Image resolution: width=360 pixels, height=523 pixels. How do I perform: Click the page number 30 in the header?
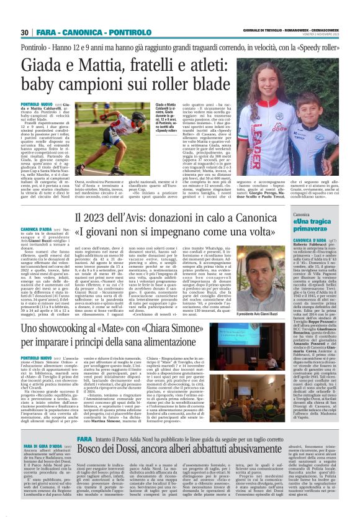point(25,32)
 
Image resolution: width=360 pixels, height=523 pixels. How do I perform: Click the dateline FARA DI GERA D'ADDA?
point(41,446)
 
